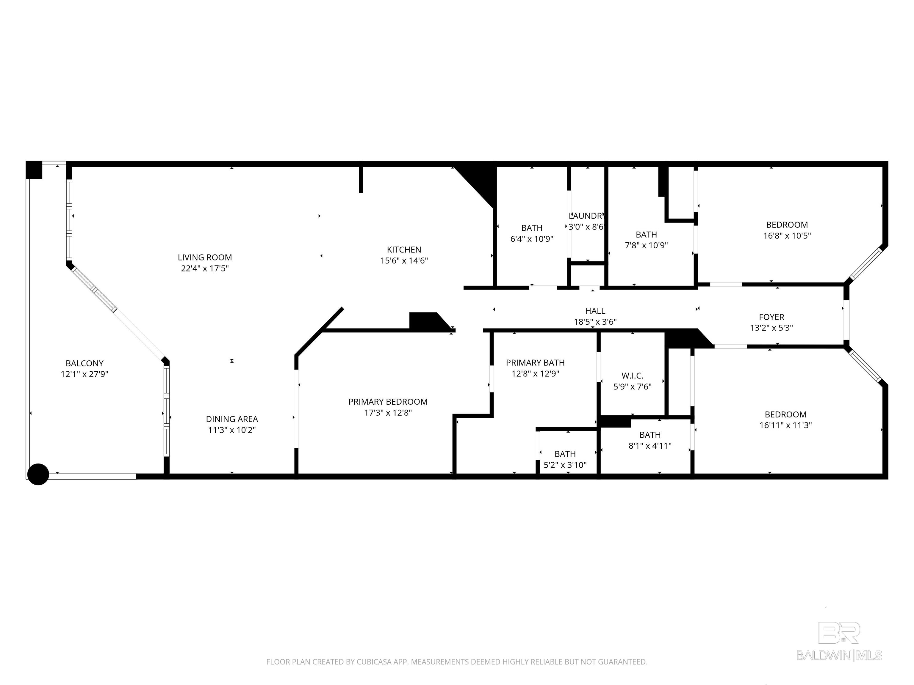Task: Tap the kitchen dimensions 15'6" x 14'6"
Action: coord(404,260)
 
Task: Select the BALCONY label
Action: coord(84,363)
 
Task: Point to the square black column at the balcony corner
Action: coord(34,170)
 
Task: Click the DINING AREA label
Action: coord(232,419)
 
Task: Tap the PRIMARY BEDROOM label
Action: coord(388,402)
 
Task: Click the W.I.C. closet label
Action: coord(632,376)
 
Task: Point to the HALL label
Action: coord(595,311)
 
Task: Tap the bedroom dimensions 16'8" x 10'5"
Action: coord(787,236)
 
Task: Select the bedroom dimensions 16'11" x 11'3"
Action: coord(785,425)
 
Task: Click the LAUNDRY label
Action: coord(587,216)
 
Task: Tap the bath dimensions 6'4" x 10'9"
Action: coord(532,239)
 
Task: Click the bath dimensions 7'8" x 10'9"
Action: coord(646,245)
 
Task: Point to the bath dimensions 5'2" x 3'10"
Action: coord(565,465)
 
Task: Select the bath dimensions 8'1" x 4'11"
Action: coord(650,446)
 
